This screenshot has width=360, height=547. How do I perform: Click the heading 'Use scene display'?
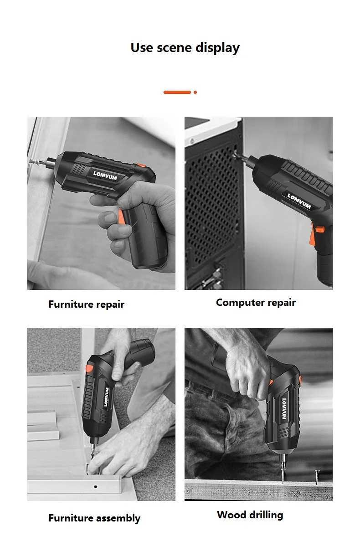click(x=185, y=47)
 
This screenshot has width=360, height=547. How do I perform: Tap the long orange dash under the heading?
click(x=177, y=92)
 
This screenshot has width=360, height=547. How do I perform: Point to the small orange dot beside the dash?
click(x=195, y=92)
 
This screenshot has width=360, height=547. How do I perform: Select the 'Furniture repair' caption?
click(x=87, y=304)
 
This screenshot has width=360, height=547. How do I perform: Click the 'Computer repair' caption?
click(x=256, y=303)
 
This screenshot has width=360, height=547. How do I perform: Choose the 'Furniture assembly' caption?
click(x=94, y=518)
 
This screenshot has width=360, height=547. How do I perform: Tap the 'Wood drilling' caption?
click(x=250, y=515)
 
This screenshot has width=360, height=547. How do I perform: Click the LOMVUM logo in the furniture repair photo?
click(x=105, y=175)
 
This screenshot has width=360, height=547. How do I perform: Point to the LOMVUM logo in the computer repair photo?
click(x=299, y=201)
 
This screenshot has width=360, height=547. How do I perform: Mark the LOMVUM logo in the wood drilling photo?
click(x=284, y=409)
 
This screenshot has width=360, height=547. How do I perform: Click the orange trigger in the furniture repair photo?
click(x=121, y=217)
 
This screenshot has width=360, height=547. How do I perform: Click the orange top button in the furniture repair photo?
click(x=141, y=165)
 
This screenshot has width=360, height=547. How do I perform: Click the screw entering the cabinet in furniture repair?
click(x=35, y=161)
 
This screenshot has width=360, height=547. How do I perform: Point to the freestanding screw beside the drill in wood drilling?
click(x=317, y=477)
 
